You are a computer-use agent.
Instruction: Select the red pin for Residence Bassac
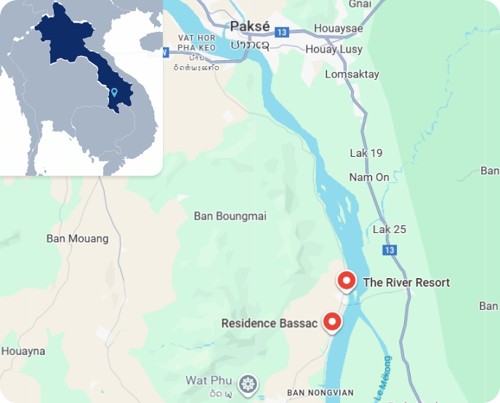click(333, 321)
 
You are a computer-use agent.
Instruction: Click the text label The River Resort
click(406, 282)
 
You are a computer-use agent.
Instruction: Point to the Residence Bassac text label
click(269, 323)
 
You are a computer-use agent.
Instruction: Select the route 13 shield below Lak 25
click(390, 250)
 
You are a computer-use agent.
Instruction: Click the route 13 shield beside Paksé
click(283, 32)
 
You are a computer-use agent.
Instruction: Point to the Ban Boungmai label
click(230, 216)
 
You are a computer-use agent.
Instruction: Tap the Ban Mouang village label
click(77, 238)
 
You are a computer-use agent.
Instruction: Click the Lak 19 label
click(366, 153)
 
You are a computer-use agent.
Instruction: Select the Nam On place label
click(369, 177)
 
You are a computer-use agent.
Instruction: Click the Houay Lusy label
click(343, 50)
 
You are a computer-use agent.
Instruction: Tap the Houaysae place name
click(338, 29)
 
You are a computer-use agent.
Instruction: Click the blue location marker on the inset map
click(115, 92)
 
